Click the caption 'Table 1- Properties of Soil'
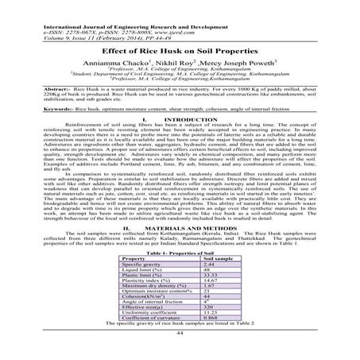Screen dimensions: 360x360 click(x=180, y=253)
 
